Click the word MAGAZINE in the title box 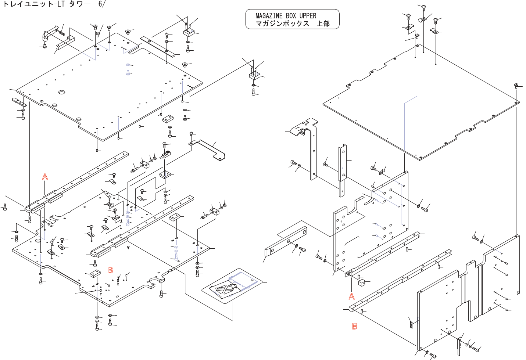pyautogui.click(x=269, y=16)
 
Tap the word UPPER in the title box pyautogui.click(x=308, y=16)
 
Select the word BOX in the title pyautogui.click(x=291, y=16)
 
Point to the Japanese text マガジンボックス pyautogui.click(x=282, y=24)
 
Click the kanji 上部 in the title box pyautogui.click(x=323, y=24)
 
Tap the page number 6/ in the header pyautogui.click(x=101, y=4)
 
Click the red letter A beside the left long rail pyautogui.click(x=45, y=177)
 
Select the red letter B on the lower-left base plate pyautogui.click(x=110, y=270)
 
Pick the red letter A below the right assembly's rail pyautogui.click(x=352, y=296)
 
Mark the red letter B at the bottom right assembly pyautogui.click(x=355, y=326)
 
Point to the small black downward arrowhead pyautogui.click(x=128, y=247)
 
